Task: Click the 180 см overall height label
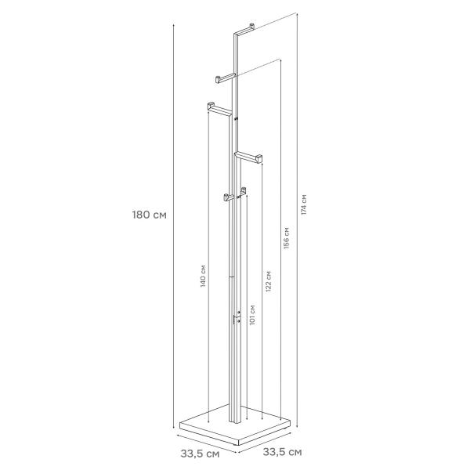tap(150, 215)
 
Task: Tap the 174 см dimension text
tap(304, 204)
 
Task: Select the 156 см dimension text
tap(287, 238)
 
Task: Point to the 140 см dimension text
tap(203, 276)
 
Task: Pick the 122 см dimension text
tap(268, 281)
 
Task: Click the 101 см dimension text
tap(252, 315)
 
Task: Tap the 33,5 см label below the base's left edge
tap(200, 454)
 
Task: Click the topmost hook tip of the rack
tap(252, 26)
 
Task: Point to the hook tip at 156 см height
tap(218, 80)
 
